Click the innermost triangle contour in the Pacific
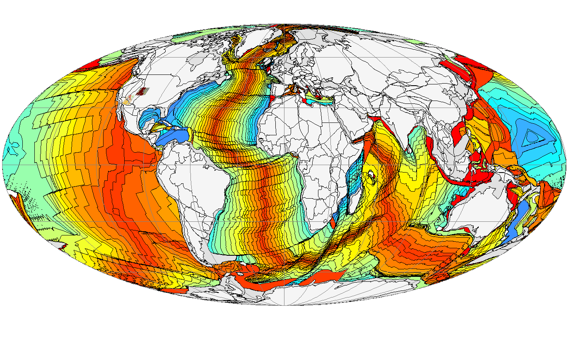(530, 137)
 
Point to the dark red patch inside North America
(143, 91)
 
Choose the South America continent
(190, 182)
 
